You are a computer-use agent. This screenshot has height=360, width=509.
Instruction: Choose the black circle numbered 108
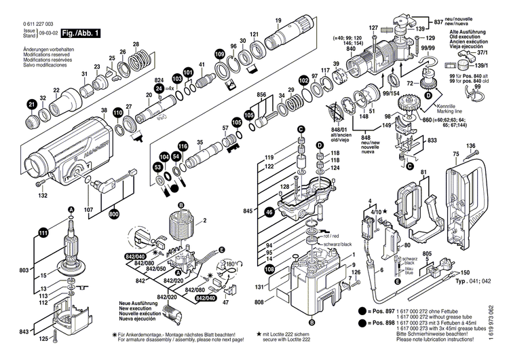(269, 270)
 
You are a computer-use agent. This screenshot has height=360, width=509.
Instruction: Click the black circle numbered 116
(182, 146)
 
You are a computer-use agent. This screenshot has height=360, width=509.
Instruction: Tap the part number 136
(470, 146)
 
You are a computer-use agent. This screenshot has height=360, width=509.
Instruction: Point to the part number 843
(24, 331)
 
